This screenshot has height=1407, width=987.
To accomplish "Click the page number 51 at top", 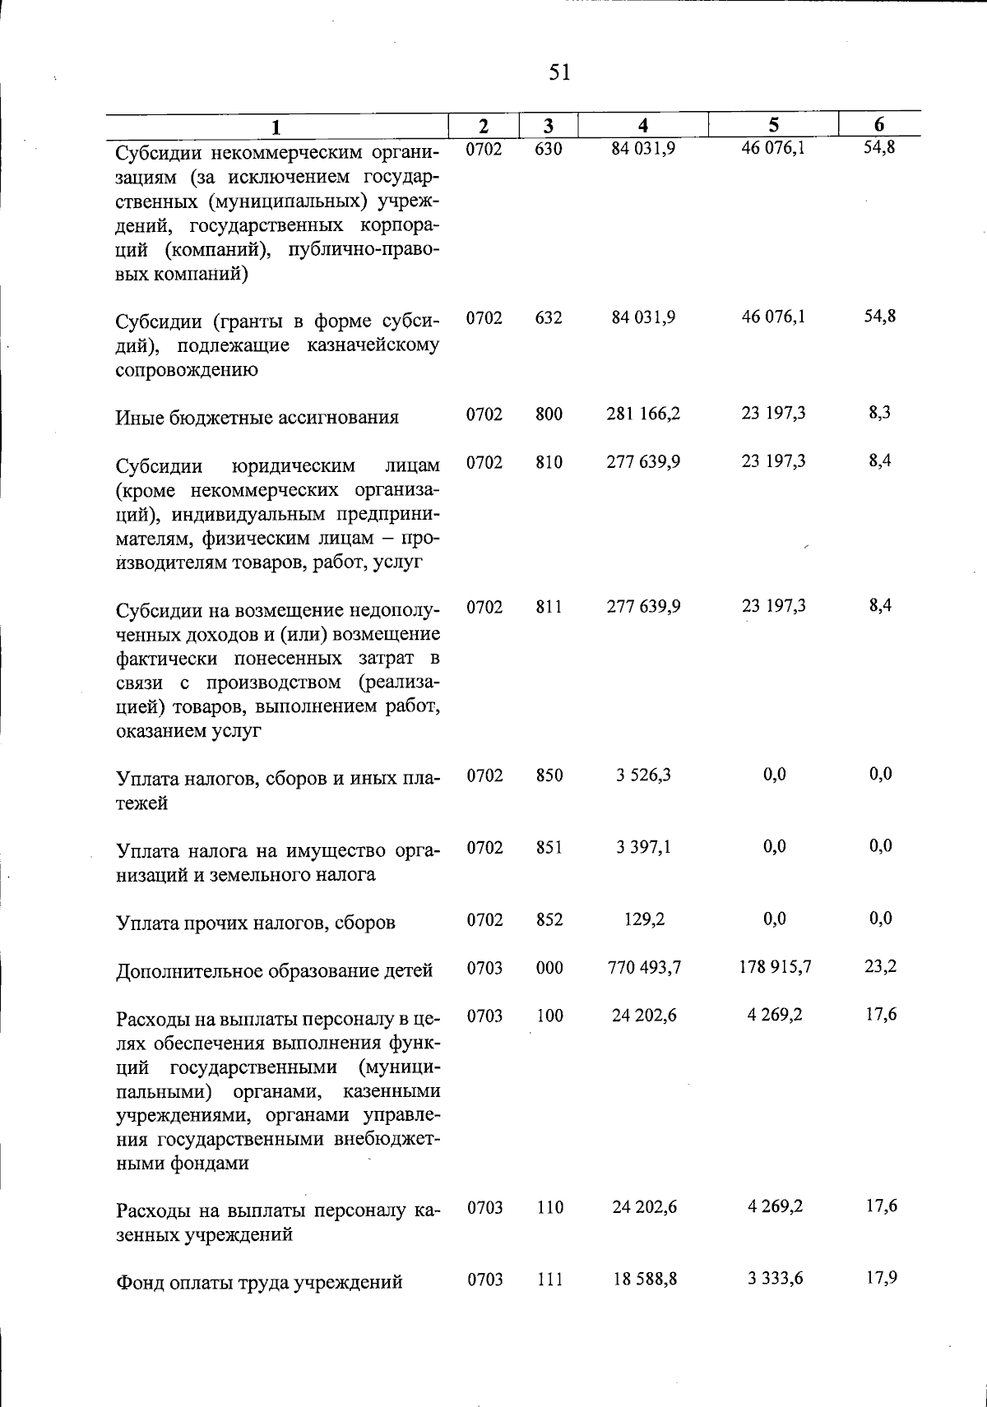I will click(x=559, y=73).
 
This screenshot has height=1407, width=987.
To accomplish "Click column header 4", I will click(x=643, y=126).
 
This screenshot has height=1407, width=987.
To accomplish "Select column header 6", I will click(x=879, y=125).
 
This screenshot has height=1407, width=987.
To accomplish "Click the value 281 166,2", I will click(x=643, y=414).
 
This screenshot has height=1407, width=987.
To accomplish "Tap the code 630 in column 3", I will click(x=549, y=150).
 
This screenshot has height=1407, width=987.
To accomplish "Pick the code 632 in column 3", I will click(x=549, y=317).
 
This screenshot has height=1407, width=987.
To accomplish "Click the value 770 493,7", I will click(x=643, y=968).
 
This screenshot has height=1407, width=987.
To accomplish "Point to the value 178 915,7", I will click(x=774, y=968).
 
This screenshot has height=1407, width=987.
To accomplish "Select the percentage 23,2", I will click(x=880, y=967).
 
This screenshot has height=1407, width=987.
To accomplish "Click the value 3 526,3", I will click(x=643, y=775).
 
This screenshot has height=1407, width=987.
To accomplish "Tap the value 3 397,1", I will click(x=643, y=847).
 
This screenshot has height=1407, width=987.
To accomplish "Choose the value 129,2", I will click(x=644, y=919).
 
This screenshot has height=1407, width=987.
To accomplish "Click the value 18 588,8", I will click(x=644, y=1280).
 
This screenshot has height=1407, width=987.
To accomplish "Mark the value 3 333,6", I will click(x=774, y=1279).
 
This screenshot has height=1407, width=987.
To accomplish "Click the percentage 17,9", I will click(x=880, y=1278).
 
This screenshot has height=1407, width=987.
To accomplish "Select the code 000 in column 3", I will click(x=549, y=969).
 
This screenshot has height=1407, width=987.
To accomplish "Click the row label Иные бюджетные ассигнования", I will click(x=257, y=418).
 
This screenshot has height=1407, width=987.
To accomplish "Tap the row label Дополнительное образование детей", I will click(x=274, y=971).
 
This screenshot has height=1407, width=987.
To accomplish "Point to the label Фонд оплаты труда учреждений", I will click(x=259, y=1282).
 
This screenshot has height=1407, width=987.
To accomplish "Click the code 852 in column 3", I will click(x=549, y=920).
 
